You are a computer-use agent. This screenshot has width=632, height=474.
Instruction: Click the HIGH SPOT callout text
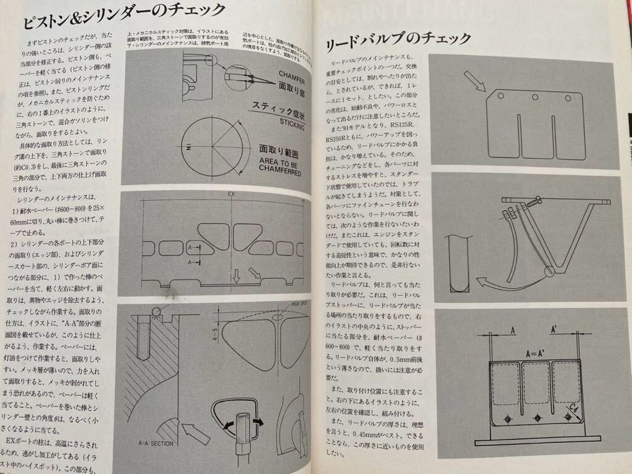[295, 304]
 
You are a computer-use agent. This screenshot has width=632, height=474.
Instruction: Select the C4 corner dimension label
[575, 408]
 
